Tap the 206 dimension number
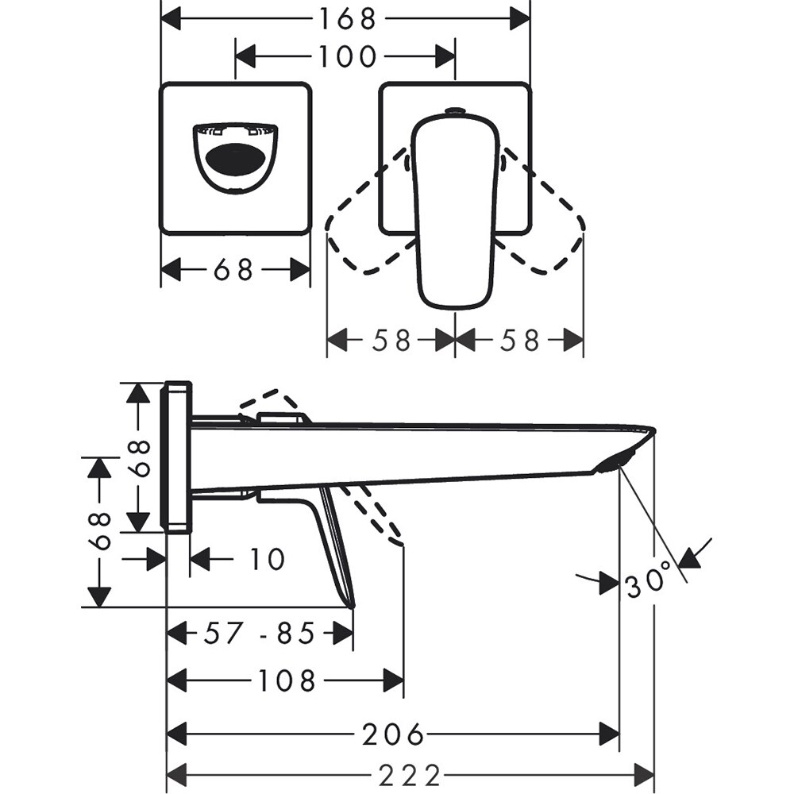[x=393, y=734]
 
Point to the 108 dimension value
[x=285, y=680]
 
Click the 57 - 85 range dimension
[x=260, y=633]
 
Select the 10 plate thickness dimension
[x=267, y=559]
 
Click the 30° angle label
[x=653, y=584]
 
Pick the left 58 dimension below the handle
[x=391, y=341]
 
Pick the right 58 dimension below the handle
[x=520, y=341]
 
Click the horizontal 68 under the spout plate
[x=233, y=270]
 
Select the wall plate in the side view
[x=176, y=457]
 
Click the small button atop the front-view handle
[x=455, y=111]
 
